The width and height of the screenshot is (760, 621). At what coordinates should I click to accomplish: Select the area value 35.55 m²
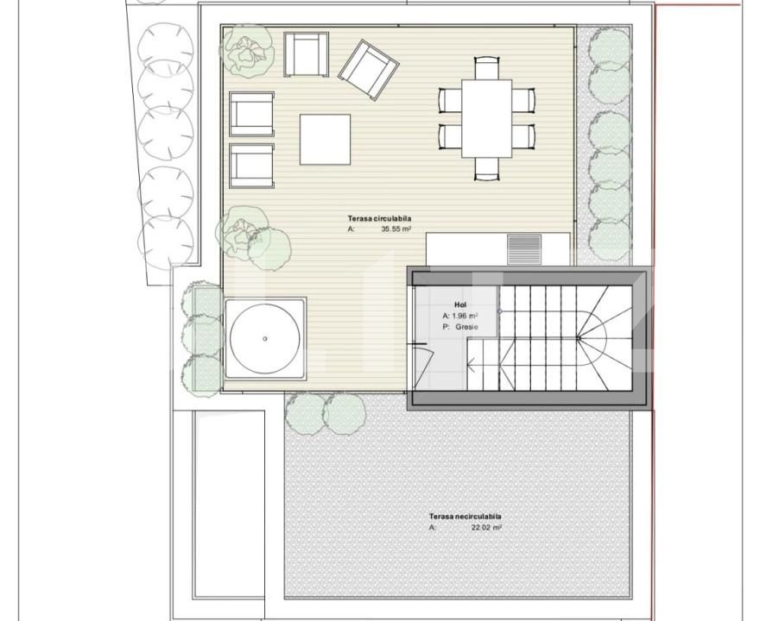396,230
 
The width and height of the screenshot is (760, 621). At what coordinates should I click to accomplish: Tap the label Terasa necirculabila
465,516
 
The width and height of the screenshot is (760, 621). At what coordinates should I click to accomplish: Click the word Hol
459,305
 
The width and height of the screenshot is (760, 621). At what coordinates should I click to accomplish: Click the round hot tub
265,339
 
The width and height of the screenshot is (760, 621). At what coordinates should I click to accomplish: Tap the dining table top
486,118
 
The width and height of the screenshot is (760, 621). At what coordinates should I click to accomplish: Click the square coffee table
325,139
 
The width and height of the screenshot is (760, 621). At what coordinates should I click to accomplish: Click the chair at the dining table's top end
487,66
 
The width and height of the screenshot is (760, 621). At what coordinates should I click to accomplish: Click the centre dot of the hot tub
265,339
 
